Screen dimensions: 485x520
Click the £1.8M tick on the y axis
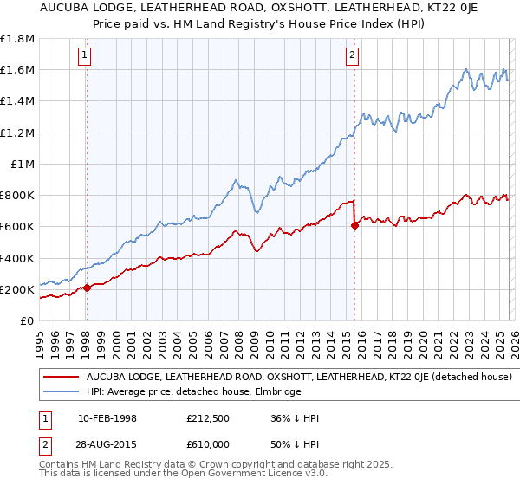pos(17,38)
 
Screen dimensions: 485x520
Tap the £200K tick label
pos(17,289)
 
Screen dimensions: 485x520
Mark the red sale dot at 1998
pos(87,288)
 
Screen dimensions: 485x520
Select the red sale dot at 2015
pos(355,225)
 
